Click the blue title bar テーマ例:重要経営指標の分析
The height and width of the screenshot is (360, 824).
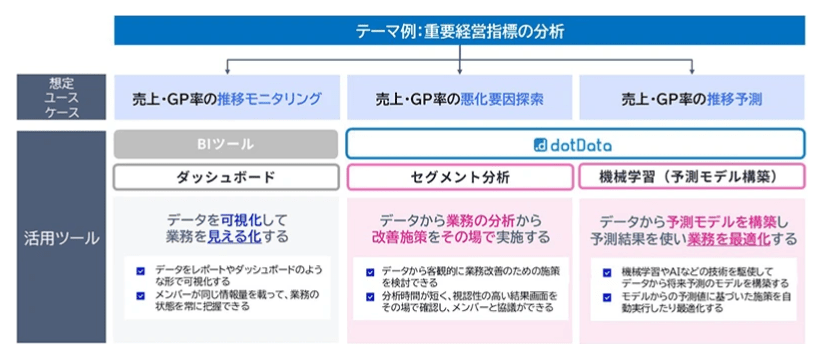pos(460,31)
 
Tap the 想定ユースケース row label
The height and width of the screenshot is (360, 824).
pos(59,97)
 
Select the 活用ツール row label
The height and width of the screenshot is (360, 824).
pos(59,239)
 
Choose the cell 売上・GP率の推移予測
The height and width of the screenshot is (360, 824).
pos(692,98)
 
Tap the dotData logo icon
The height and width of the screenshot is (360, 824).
pos(541,143)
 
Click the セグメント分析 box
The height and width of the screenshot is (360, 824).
pos(460,177)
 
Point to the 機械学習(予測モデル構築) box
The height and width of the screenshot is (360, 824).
pos(692,177)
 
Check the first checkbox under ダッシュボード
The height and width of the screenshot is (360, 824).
pos(142,270)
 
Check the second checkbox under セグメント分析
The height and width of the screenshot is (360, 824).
pos(371,295)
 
